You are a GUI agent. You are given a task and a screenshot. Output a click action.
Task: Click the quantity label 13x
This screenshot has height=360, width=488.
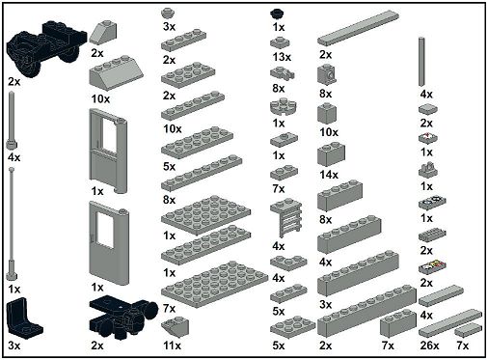pyautogui.click(x=282, y=57)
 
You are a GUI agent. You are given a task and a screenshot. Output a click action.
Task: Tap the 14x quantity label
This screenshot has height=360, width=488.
pyautogui.click(x=329, y=175)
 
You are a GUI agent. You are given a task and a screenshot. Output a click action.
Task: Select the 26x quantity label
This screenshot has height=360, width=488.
pyautogui.click(x=429, y=346)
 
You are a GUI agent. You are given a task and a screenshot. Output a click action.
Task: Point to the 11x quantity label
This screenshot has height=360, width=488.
pyautogui.click(x=172, y=346)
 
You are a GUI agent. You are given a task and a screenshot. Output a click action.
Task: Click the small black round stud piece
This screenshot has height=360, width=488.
pyautogui.click(x=278, y=14)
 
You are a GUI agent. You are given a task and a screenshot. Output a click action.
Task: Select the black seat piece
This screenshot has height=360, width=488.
pyautogui.click(x=24, y=317)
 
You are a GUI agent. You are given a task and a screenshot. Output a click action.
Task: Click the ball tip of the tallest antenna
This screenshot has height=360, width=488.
pyautogui.click(x=12, y=170)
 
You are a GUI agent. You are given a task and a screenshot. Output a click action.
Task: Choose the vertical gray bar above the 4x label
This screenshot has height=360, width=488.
pyautogui.click(x=421, y=62)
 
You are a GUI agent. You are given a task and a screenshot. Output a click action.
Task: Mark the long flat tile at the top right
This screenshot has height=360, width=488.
pyautogui.click(x=359, y=28)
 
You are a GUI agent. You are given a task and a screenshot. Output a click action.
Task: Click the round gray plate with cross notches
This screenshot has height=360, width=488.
pyautogui.click(x=284, y=107)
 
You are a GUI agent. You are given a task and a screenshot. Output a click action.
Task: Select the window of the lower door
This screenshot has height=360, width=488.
pyautogui.click(x=105, y=231)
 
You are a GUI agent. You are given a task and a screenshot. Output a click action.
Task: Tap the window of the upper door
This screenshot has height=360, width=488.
pyautogui.click(x=109, y=132)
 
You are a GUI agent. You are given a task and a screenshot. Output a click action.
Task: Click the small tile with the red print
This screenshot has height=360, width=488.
pyautogui.click(x=428, y=138)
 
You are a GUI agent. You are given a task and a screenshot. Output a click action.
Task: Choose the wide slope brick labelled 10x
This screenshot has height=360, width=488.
pyautogui.click(x=116, y=74)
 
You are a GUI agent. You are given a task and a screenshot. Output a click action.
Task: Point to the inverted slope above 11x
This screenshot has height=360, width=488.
pyautogui.click(x=176, y=327)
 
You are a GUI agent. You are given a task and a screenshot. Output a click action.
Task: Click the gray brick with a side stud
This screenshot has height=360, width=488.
pyautogui.click(x=328, y=74)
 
